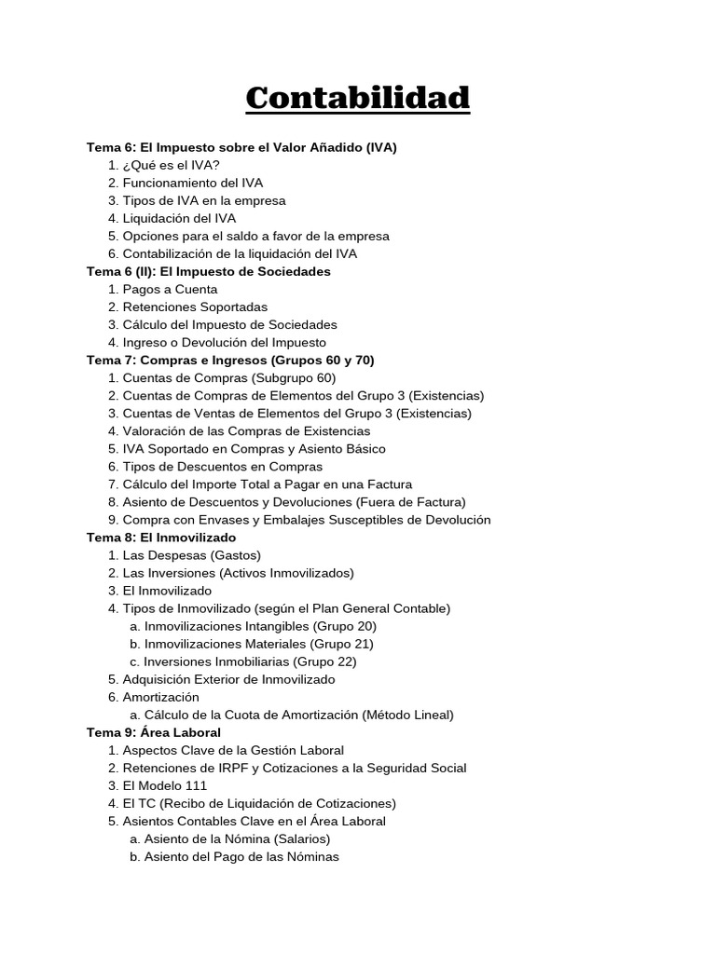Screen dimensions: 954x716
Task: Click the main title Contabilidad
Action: click(358, 98)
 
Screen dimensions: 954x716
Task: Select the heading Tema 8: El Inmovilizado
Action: click(161, 538)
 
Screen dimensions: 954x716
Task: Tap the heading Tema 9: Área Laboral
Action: click(154, 732)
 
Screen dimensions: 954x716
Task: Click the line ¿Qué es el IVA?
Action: click(171, 165)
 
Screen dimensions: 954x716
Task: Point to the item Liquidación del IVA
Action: click(179, 218)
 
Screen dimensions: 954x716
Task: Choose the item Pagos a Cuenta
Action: click(170, 289)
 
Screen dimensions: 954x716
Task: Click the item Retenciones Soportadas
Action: click(195, 307)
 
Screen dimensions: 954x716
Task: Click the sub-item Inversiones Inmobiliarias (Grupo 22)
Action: click(250, 661)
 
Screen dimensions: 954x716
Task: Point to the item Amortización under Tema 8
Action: click(160, 697)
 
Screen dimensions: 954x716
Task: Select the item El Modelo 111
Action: click(165, 785)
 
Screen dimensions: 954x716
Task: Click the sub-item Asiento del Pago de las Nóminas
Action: click(241, 856)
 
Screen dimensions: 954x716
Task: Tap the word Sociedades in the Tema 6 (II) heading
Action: click(296, 271)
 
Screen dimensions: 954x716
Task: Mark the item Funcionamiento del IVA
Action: click(191, 183)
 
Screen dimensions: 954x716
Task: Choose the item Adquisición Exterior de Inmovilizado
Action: click(228, 679)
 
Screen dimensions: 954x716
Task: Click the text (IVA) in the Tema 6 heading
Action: click(381, 147)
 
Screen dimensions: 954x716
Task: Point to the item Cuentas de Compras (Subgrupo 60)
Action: click(228, 377)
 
